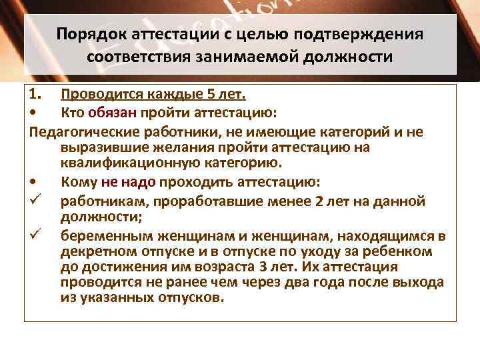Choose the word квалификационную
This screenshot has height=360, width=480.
tap(125, 162)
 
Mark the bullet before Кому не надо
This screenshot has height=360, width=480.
tap(34, 182)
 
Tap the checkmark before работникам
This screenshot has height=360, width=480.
tap(35, 198)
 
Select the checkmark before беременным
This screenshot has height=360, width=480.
tap(35, 233)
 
